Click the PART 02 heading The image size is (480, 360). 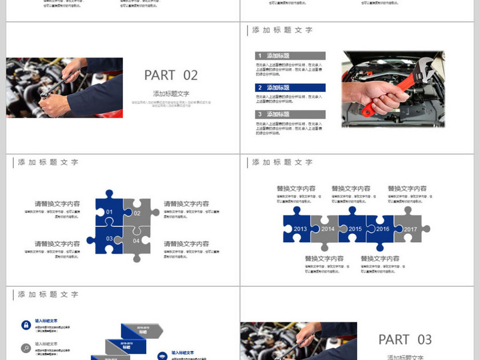(171, 75)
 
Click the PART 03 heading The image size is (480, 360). (405, 339)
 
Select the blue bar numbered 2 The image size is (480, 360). (290, 88)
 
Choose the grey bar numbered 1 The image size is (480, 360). (290, 56)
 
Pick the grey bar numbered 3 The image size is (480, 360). (290, 114)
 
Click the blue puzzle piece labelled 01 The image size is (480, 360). (109, 212)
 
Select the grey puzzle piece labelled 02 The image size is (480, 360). (137, 213)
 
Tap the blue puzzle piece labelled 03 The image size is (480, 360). (109, 239)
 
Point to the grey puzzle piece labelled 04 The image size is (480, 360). (137, 240)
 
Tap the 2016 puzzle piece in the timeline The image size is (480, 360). (382, 229)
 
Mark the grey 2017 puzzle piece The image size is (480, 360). (410, 228)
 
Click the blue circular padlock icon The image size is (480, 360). (26, 325)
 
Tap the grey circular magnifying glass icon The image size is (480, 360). (26, 348)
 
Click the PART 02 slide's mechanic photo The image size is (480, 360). (64, 87)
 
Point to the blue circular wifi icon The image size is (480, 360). (162, 355)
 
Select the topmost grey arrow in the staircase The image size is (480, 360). (142, 330)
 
